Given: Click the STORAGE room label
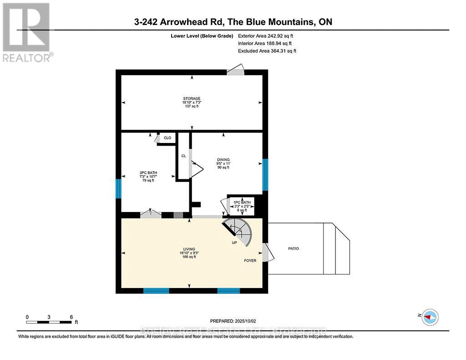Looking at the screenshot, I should point(192,98).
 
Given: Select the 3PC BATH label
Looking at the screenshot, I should point(148,172).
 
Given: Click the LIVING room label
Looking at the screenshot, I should point(189,249).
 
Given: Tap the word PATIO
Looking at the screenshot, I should point(294,248).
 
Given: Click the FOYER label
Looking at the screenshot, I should point(250,261).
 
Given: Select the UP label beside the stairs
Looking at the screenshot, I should point(234,243).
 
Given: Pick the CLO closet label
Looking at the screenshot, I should point(167,137).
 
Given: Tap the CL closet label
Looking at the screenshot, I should point(183,156).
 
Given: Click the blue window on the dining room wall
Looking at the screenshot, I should point(265,175).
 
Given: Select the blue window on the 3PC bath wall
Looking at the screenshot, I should point(118,188).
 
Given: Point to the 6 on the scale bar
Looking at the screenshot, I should point(71,317).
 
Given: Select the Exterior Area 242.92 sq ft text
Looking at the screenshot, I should point(267,35).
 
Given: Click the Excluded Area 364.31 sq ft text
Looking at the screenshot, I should point(267,51).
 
